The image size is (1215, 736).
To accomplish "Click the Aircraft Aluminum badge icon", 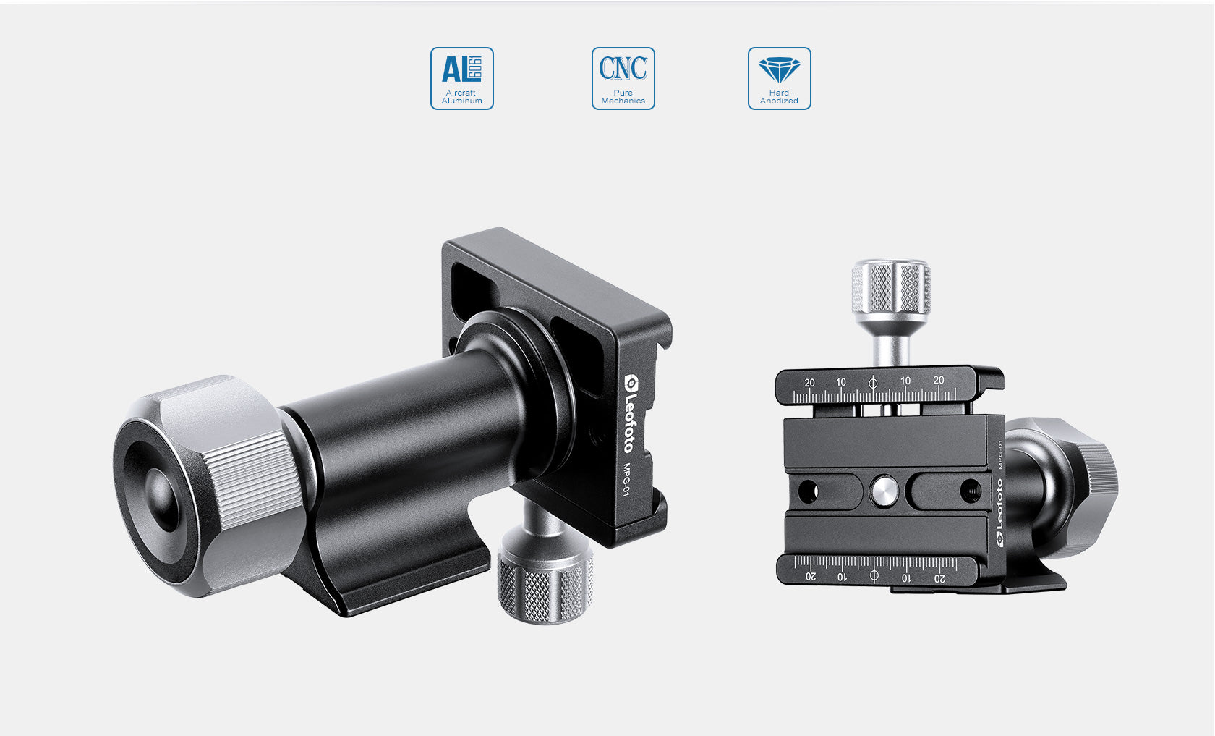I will pos(461,78).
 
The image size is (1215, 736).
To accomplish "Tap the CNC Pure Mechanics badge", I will pos(623,78).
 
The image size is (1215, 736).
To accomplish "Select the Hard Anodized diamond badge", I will pos(779,78).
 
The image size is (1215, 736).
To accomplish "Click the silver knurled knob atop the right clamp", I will pos(891,287).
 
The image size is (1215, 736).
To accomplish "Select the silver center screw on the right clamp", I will pos(883,491).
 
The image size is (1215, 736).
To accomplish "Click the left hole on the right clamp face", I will pos(807,491).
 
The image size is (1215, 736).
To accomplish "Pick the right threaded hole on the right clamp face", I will pos(970,491).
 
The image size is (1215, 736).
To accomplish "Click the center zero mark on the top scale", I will pos(873,383).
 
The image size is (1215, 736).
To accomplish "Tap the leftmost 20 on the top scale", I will pos(809,383).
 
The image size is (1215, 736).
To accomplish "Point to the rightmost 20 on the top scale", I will pos(938,381).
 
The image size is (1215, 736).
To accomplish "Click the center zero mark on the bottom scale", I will pos(874,575).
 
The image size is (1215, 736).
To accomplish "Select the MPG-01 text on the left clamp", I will pos(627,479).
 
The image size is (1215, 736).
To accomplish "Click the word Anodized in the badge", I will pos(779,101).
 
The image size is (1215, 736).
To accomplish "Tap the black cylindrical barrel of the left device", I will pos(405,434).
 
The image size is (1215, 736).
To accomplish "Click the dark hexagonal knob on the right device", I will pos(1085,485).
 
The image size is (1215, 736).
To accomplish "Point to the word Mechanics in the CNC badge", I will pos(623,101).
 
